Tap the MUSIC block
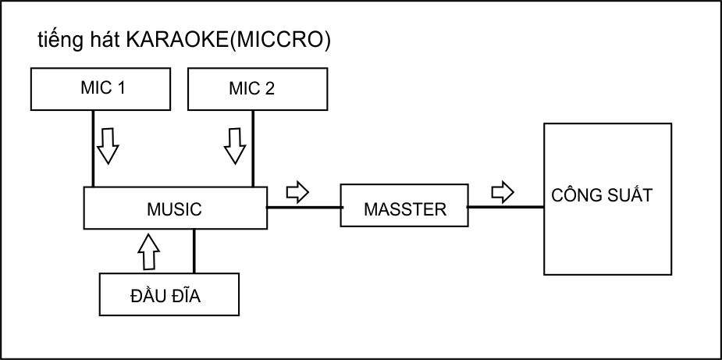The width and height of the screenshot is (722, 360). click(174, 209)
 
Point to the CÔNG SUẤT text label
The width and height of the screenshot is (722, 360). click(601, 194)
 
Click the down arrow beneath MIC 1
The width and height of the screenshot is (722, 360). click(108, 144)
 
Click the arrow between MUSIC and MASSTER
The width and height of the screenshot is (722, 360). click(297, 191)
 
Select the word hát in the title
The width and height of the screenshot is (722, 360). click(100, 41)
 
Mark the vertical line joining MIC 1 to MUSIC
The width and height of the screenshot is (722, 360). click(93, 148)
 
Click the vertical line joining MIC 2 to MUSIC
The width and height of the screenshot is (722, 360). click(253, 148)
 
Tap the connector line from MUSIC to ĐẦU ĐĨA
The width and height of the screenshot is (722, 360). click(194, 251)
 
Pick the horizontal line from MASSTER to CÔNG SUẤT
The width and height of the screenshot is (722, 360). click(506, 207)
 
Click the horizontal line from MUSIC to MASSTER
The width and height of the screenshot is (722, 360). click(304, 207)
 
